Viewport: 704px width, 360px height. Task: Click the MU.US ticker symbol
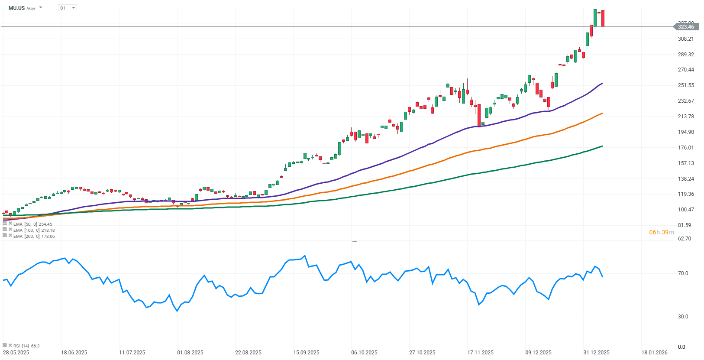pos(16,8)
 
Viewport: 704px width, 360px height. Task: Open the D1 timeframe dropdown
pos(67,8)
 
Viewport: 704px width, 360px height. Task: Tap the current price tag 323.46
pos(685,27)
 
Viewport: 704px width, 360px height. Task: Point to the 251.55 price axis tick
pos(686,85)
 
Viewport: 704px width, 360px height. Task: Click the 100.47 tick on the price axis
pos(686,210)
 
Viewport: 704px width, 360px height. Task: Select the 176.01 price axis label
pos(686,148)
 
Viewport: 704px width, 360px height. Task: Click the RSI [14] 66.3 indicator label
pos(26,346)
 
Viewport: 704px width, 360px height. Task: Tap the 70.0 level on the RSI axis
pos(683,273)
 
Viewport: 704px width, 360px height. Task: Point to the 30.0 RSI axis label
pos(683,317)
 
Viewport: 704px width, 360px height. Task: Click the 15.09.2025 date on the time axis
pos(306,353)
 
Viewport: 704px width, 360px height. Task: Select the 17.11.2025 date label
pos(480,353)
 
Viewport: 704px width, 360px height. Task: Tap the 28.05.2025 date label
pos(16,353)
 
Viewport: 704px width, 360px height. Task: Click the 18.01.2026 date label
pos(654,353)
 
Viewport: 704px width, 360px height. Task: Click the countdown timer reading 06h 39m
pos(661,233)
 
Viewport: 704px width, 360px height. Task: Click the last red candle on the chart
pos(603,18)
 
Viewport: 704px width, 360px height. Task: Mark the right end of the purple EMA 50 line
pos(602,84)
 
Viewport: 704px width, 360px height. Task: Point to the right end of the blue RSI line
pos(602,276)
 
